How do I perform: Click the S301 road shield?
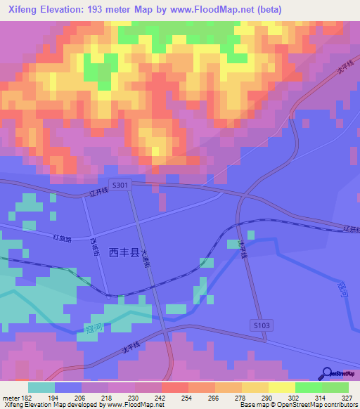(x=120, y=185)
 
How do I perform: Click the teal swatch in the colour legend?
(x=41, y=387)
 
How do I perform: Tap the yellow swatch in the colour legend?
(x=282, y=387)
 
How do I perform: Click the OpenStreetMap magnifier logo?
(x=327, y=373)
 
